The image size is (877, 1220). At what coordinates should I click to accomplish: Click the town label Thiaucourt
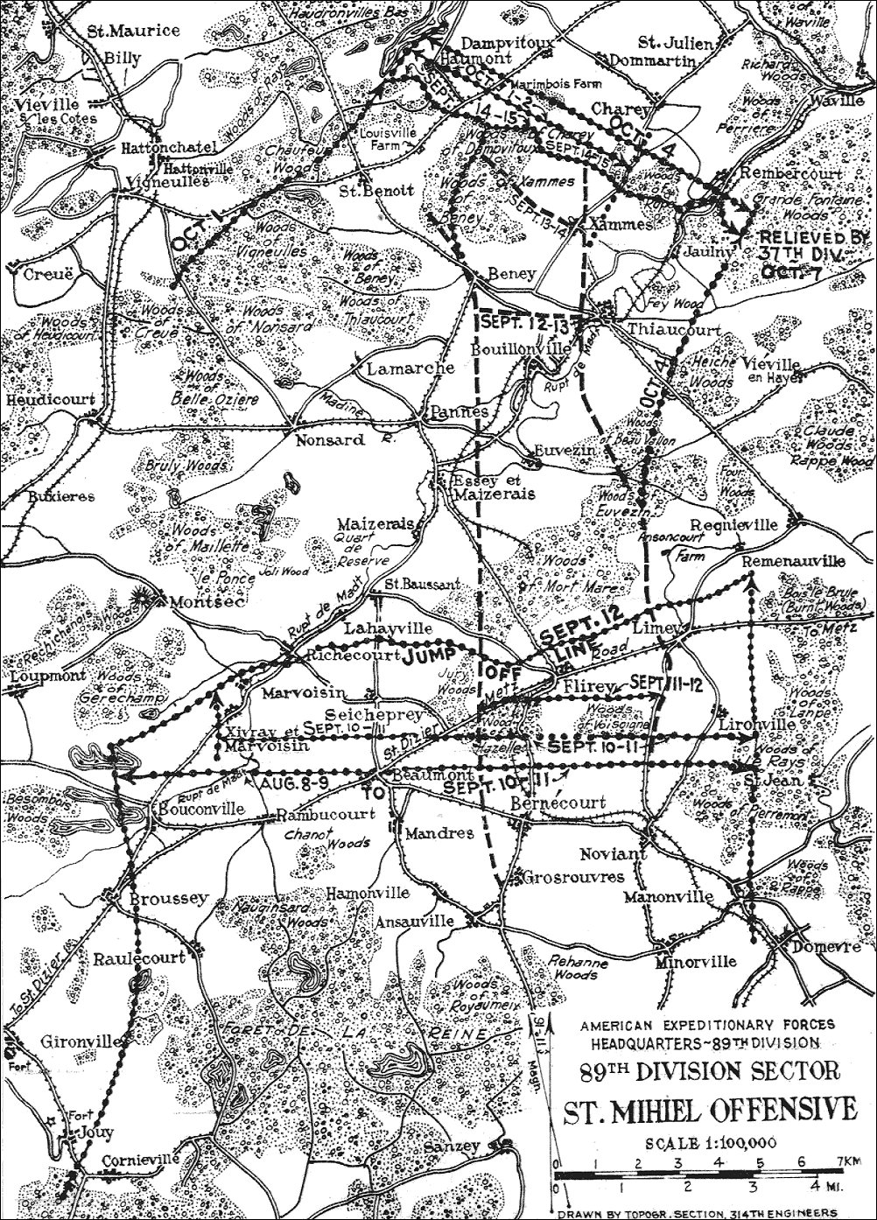click(x=675, y=331)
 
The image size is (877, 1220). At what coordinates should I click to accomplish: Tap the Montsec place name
click(x=202, y=602)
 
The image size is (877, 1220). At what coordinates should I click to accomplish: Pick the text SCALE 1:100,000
click(x=707, y=1143)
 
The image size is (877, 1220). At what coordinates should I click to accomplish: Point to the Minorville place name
click(x=695, y=960)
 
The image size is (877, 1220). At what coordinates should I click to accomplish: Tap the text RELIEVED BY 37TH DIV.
click(x=813, y=246)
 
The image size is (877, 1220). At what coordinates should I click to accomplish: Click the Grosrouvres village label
click(x=561, y=875)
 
